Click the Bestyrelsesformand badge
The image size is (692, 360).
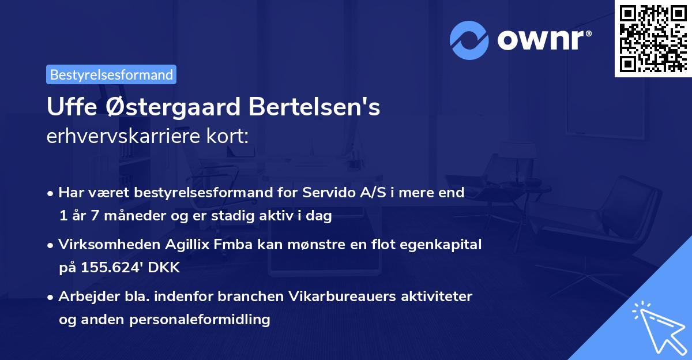click(x=111, y=74)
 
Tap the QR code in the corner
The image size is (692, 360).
click(x=652, y=38)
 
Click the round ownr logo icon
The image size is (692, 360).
click(x=468, y=40)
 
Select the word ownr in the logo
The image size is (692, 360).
click(x=542, y=40)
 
